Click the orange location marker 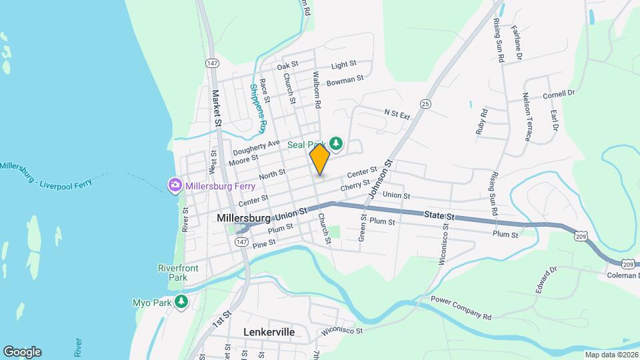pyautogui.click(x=319, y=159)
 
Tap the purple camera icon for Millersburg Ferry pyautogui.click(x=175, y=184)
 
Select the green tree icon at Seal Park pyautogui.click(x=337, y=143)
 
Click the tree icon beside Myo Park pyautogui.click(x=181, y=302)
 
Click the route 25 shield pyautogui.click(x=425, y=103)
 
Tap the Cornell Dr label pyautogui.click(x=558, y=94)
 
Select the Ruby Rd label pyautogui.click(x=482, y=122)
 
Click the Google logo pyautogui.click(x=21, y=352)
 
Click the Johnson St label pyautogui.click(x=378, y=179)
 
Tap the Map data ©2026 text pyautogui.click(x=611, y=355)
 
